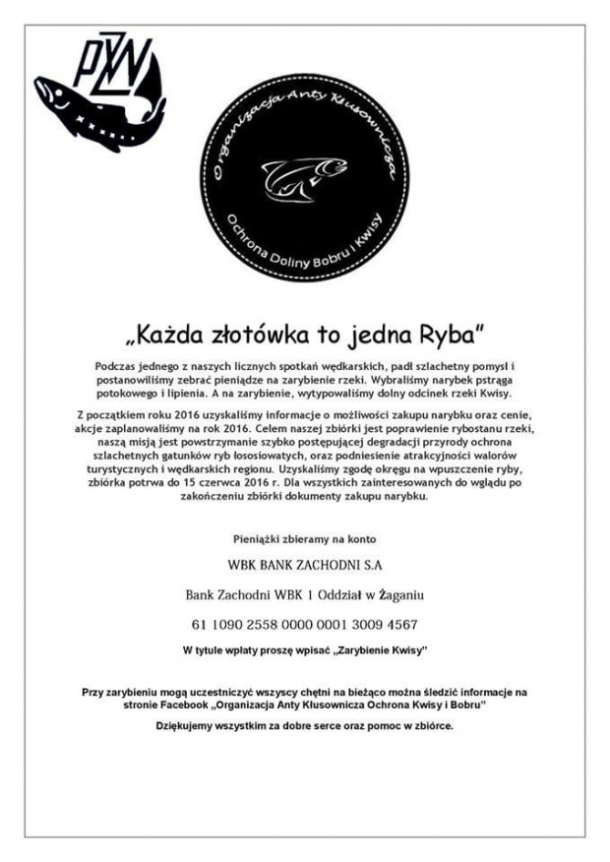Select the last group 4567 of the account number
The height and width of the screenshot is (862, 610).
(399, 625)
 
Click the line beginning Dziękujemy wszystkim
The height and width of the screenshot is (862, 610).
(304, 726)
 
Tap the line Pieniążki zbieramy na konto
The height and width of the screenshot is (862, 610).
(304, 540)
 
